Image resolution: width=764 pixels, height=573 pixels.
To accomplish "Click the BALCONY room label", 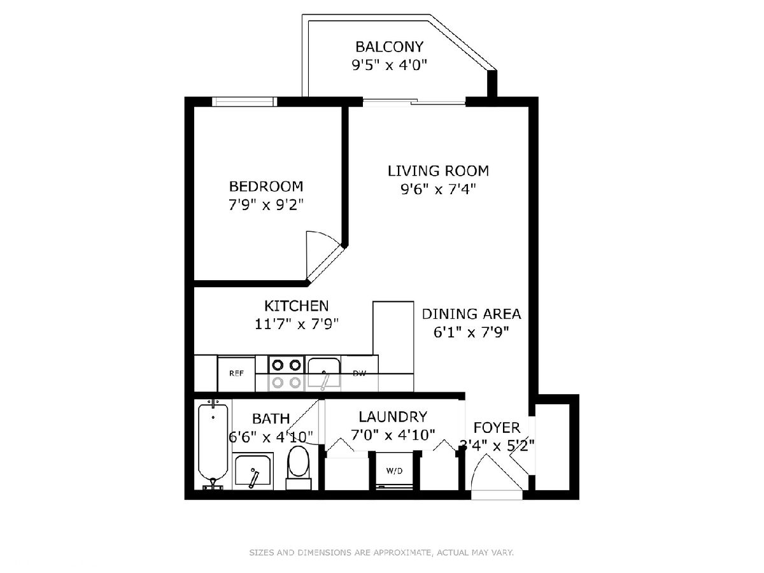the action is (389, 46).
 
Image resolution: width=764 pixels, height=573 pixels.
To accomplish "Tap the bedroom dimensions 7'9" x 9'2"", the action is (266, 205).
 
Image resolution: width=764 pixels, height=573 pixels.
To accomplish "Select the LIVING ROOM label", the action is (438, 171).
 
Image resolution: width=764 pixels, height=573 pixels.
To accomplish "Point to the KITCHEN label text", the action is (297, 306).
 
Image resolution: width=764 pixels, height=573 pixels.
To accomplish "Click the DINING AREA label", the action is (471, 314).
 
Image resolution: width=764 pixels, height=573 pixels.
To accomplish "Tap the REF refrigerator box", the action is (236, 374).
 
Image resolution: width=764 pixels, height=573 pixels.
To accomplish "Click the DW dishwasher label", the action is (360, 374).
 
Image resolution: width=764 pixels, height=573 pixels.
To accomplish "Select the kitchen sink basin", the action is (323, 372).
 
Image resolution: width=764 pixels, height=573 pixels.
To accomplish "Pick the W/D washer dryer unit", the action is (394, 470).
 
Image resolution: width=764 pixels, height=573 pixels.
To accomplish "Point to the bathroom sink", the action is (253, 471).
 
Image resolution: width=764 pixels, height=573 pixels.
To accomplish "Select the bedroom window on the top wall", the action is (244, 102).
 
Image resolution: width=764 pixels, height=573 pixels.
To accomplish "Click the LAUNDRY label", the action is (393, 416).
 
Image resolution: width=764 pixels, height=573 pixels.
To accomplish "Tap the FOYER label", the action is (497, 427).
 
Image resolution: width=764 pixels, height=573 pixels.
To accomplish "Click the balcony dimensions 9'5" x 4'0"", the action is (389, 65).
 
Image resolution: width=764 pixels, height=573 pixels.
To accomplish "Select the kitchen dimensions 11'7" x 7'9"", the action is (297, 325).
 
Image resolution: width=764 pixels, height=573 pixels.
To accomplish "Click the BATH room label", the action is (271, 418).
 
